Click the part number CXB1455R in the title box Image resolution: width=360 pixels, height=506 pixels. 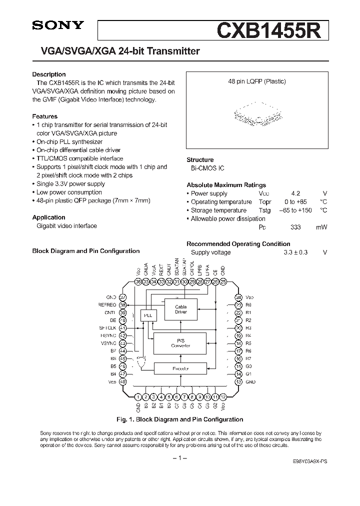(x=272, y=30)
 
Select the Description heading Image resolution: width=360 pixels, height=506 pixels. (x=49, y=74)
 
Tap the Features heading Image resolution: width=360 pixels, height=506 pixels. (x=45, y=116)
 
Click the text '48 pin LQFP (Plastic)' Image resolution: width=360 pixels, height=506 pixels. (x=254, y=81)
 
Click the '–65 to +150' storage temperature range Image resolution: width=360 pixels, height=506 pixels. (x=295, y=210)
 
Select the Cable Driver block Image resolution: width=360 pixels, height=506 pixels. (x=180, y=309)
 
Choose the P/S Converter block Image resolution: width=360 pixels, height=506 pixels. (x=180, y=343)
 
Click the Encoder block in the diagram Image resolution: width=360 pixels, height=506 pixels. (x=180, y=369)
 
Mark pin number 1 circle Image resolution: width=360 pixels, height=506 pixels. (x=138, y=397)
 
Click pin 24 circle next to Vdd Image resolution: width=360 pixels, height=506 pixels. (x=238, y=297)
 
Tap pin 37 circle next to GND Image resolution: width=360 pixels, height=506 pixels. (x=122, y=297)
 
